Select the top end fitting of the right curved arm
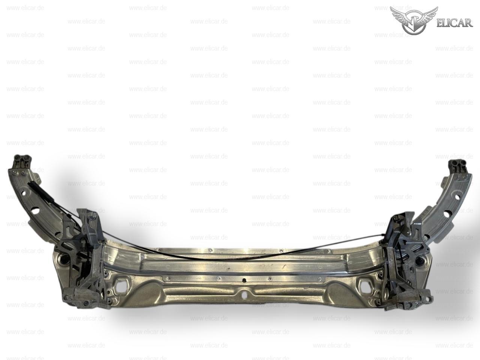pyautogui.click(x=458, y=166)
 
